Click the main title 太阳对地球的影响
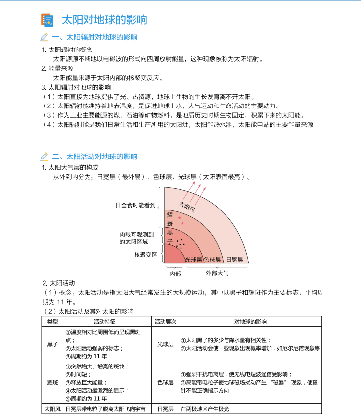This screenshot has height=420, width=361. coord(104,20)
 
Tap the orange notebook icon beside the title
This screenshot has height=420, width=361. coord(46,20)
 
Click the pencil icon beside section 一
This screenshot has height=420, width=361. coord(44,37)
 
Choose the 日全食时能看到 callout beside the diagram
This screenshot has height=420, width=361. coord(135,205)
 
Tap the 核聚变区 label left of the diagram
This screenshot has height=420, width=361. coord(145,254)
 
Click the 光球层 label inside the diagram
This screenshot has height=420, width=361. coord(193,259)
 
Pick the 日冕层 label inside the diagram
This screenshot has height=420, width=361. coord(234,259)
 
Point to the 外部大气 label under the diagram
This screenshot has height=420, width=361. coord(218,273)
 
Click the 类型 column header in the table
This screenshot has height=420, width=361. coord(52,322)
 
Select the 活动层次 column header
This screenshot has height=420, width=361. coord(165,322)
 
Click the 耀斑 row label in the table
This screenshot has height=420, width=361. coord(52,382)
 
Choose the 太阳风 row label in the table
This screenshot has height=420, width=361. coord(52,409)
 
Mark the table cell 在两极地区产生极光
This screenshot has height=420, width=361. coord(205,409)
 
